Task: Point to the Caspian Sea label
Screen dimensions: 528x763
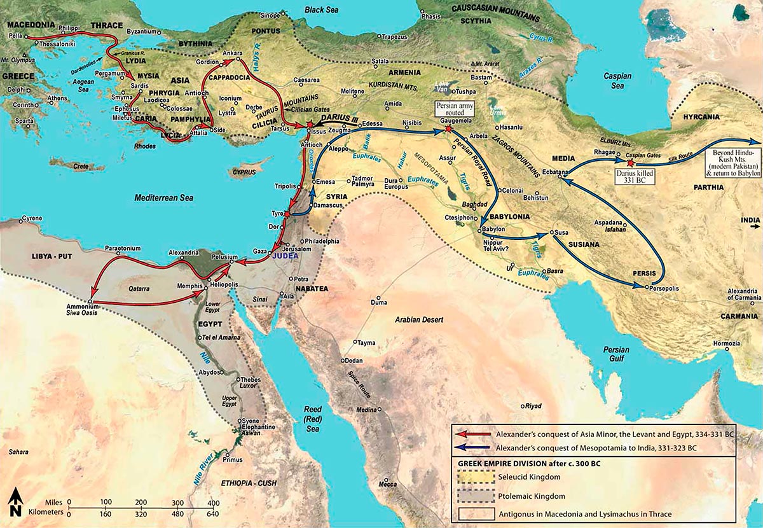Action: [617, 80]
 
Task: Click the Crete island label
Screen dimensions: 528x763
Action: [81, 166]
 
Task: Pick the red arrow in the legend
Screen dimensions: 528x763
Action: [474, 434]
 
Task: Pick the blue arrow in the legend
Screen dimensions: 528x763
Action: [474, 448]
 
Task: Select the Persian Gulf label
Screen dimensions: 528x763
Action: [616, 354]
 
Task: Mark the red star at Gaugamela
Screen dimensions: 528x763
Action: [449, 129]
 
